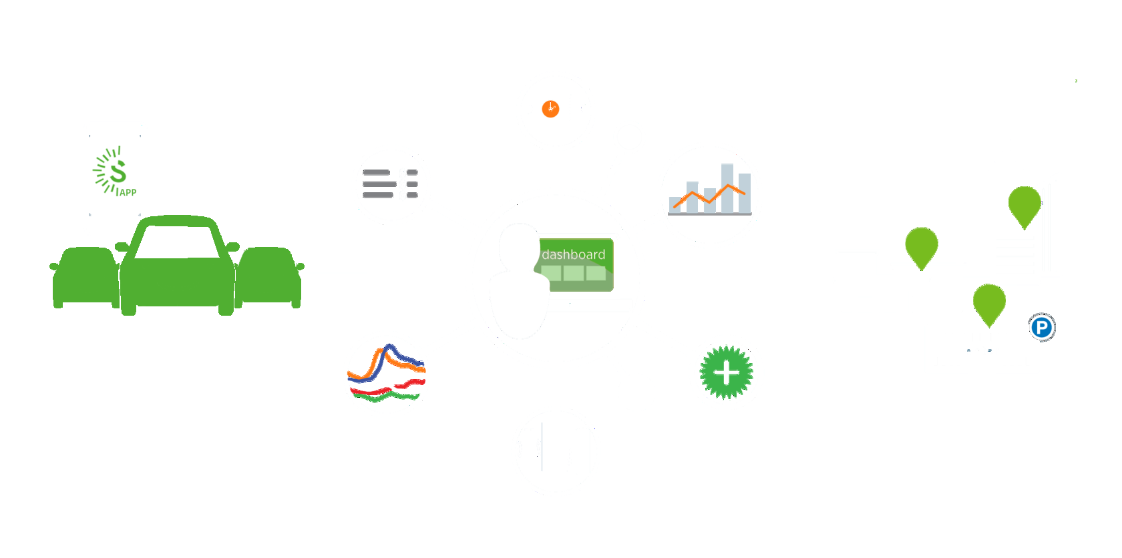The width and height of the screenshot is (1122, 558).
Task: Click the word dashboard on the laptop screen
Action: [573, 254]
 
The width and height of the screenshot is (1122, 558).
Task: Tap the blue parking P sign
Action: [1041, 328]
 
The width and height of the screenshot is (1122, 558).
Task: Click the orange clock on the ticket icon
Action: [550, 109]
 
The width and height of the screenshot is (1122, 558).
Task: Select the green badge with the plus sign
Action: [726, 372]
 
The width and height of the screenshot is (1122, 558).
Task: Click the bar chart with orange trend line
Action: [710, 194]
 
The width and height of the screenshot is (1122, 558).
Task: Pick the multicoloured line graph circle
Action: [386, 374]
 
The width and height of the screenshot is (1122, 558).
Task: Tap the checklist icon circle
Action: [391, 184]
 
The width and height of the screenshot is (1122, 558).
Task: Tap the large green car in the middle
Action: [177, 267]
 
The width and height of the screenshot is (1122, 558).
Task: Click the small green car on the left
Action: [84, 277]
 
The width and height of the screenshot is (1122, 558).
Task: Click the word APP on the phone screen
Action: [128, 192]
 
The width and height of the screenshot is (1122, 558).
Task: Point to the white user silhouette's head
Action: [519, 248]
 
